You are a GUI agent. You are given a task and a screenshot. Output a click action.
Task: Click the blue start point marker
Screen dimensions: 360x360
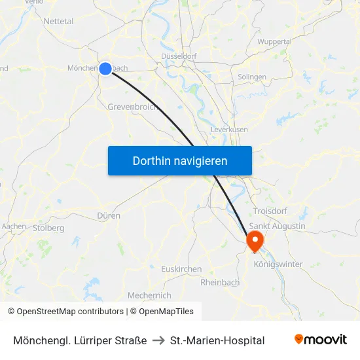105,67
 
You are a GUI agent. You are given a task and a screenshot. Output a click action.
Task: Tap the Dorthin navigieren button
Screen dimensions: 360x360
180,160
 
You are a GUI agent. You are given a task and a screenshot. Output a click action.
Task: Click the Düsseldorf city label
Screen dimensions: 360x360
179,56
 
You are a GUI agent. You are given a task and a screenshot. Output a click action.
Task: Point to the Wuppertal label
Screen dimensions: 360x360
274,41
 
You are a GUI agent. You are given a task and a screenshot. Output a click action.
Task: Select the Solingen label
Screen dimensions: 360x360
252,77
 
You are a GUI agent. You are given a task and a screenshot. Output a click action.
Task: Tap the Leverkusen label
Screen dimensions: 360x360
229,130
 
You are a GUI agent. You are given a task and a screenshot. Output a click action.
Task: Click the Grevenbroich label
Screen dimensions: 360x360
131,107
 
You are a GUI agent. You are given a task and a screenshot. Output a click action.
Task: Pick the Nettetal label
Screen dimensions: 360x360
58,21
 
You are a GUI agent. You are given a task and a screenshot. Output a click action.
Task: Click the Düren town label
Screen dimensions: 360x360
108,215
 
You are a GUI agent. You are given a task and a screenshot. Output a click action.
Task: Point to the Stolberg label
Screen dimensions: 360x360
48,228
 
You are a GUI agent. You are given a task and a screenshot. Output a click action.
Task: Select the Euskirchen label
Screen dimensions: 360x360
181,269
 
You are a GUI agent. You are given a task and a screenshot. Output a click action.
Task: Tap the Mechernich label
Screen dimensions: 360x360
149,295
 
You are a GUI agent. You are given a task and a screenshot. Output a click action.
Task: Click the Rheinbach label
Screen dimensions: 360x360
220,282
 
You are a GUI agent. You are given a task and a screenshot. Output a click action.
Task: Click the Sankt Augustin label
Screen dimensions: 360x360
278,226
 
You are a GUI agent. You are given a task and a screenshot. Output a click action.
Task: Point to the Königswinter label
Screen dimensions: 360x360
278,264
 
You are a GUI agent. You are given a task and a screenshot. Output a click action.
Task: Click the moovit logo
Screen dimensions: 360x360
320,340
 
